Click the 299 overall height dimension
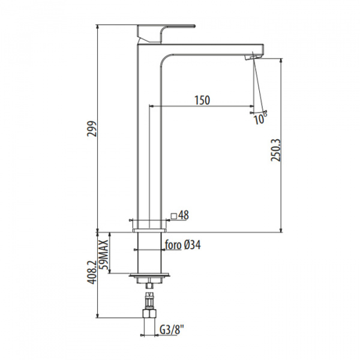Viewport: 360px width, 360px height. pyautogui.click(x=92, y=129)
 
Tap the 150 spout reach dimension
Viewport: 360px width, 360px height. pyautogui.click(x=202, y=100)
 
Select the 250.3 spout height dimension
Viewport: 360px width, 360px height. pyautogui.click(x=276, y=150)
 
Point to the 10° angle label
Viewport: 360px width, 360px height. pyautogui.click(x=260, y=119)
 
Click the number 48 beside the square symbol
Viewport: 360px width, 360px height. pyautogui.click(x=184, y=215)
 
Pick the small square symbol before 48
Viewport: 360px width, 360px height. pyautogui.click(x=174, y=216)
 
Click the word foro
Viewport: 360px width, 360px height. pyautogui.click(x=173, y=245)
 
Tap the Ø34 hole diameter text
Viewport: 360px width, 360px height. pyautogui.click(x=192, y=245)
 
